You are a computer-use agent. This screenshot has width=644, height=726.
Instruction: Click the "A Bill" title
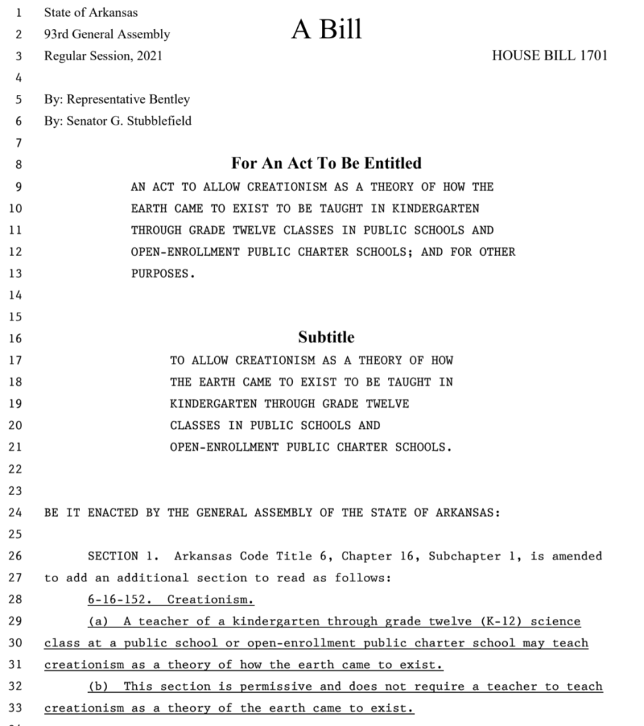tap(326, 29)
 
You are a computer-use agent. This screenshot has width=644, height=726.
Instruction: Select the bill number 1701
tap(592, 55)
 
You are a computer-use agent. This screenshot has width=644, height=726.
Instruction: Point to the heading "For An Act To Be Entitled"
tap(326, 164)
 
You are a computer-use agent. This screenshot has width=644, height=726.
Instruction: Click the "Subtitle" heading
tap(326, 337)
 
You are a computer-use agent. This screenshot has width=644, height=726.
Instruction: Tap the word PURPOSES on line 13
tap(162, 274)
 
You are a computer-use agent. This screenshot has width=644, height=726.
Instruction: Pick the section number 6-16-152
tap(120, 600)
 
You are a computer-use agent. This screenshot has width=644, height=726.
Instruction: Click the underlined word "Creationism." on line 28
tap(211, 600)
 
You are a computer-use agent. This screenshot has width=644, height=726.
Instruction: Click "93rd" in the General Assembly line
tap(57, 34)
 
